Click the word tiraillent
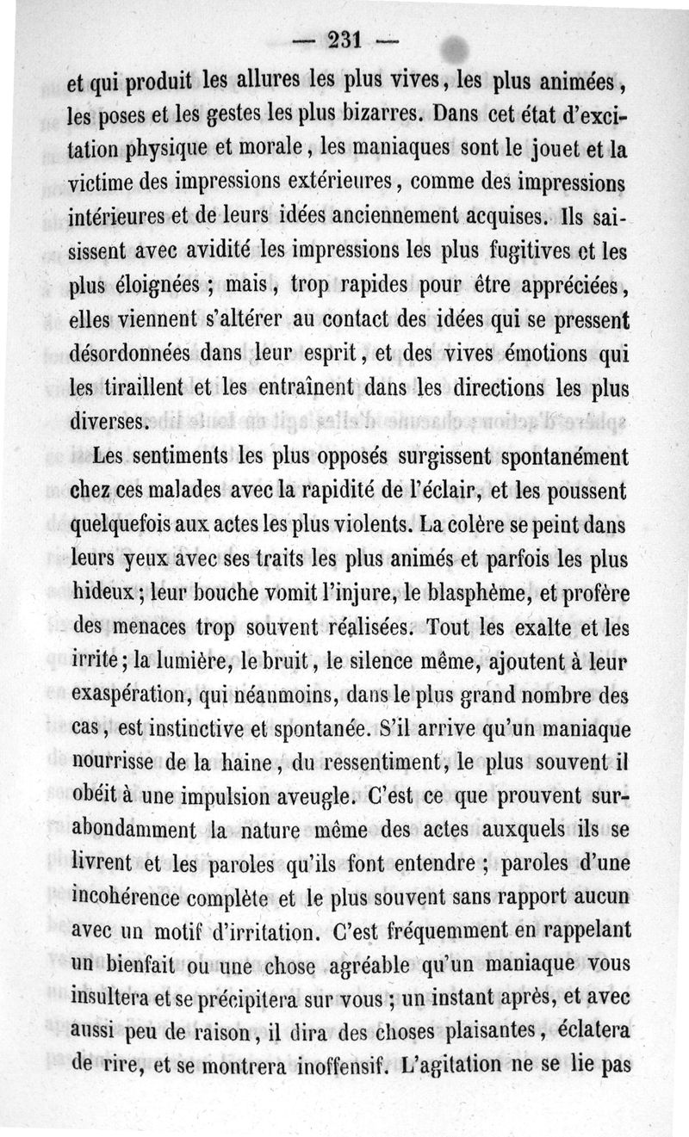coord(143,388)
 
